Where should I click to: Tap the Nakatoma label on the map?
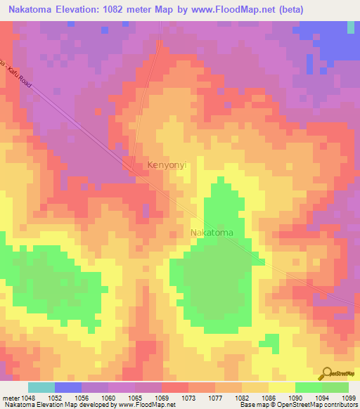212,232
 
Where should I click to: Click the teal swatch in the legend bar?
41,387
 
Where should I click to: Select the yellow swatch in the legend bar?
282,387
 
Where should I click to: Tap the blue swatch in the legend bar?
68,387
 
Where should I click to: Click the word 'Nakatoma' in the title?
31,9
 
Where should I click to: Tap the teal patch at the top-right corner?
351,27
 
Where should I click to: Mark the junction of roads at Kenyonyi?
131,165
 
